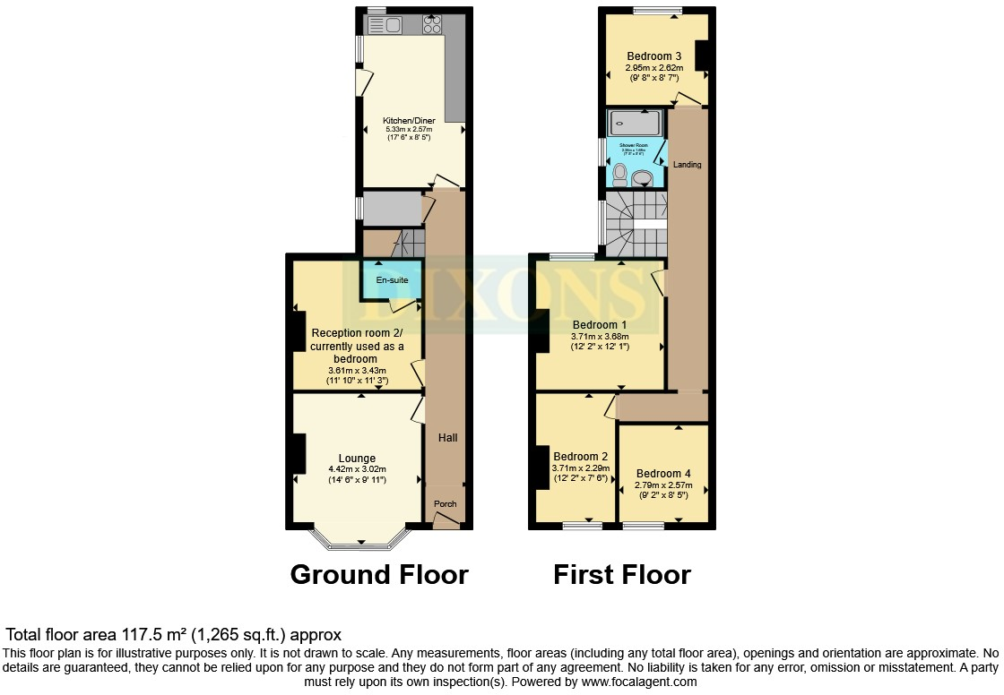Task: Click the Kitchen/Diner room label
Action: pos(409,120)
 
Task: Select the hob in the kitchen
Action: pos(431,24)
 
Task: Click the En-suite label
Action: pos(391,280)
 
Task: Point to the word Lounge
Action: pos(357,459)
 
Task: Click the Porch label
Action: pos(446,504)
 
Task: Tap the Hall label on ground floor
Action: pos(447,438)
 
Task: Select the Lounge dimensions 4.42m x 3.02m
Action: pos(357,470)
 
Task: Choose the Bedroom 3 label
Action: pos(654,56)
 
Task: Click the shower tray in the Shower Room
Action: pos(635,123)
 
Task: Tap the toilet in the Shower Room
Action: pos(620,172)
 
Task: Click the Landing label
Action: pos(688,165)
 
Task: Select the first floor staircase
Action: pos(636,224)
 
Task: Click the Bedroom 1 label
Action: pos(600,324)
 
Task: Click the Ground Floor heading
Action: pos(378,574)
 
